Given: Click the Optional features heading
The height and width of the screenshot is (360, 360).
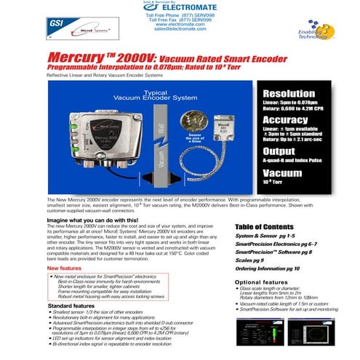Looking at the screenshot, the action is point(263,281).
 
